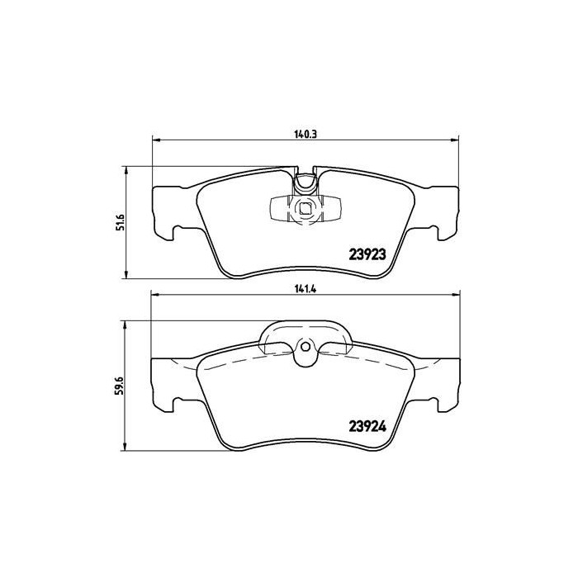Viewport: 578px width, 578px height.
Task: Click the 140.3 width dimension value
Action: coord(306,134)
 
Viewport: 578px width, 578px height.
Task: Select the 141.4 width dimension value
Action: coord(306,289)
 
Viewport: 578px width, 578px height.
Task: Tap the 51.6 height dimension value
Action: coord(121,222)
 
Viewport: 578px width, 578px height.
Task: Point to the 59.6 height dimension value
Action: coord(121,386)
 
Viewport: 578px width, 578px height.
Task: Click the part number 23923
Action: coord(367,254)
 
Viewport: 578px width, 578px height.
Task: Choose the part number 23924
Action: coord(367,427)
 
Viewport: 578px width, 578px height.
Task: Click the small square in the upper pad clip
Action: coord(305,209)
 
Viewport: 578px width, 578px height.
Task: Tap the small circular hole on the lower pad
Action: coord(305,347)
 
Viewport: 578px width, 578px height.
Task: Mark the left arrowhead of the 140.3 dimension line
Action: coord(156,140)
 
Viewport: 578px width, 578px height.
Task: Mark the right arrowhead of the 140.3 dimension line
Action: coord(454,140)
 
